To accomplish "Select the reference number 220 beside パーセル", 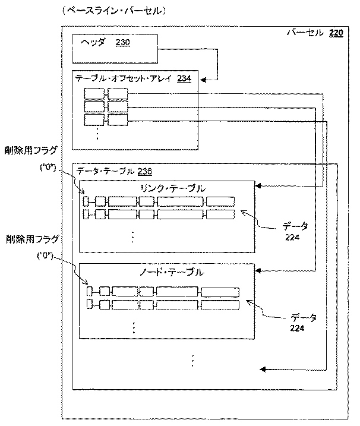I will pyautogui.click(x=336, y=33).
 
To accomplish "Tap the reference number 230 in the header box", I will pyautogui.click(x=123, y=43).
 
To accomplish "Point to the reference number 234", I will pyautogui.click(x=184, y=78).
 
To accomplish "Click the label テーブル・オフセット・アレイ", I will pyautogui.click(x=125, y=78).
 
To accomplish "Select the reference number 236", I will pyautogui.click(x=144, y=171).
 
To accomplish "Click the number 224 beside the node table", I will pyautogui.click(x=298, y=327).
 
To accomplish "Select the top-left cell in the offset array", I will pyautogui.click(x=94, y=93).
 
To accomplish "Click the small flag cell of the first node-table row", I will pyautogui.click(x=90, y=291).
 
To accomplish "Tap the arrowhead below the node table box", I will pyautogui.click(x=263, y=370).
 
